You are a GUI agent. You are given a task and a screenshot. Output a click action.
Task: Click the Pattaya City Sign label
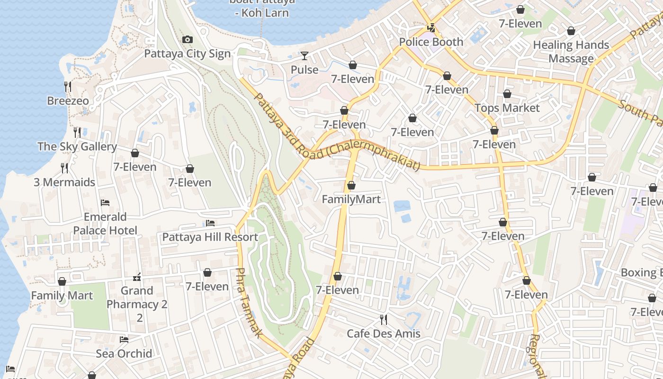point(187,54)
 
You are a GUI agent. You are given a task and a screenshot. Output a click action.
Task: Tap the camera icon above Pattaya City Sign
point(188,40)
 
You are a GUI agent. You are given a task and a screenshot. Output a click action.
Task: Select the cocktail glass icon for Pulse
point(304,56)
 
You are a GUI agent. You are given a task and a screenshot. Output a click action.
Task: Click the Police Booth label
point(431,42)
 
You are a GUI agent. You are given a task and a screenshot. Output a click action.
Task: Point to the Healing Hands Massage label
point(571,52)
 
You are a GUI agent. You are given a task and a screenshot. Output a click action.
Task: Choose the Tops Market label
point(507,108)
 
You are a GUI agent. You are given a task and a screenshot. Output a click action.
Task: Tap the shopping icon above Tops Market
point(507,94)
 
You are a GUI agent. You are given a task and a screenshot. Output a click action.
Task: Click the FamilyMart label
point(351,199)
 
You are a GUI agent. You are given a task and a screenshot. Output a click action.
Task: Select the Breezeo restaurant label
point(68,101)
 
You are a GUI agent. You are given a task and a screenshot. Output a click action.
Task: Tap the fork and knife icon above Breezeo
point(68,86)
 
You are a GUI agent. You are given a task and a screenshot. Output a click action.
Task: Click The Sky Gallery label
point(77,147)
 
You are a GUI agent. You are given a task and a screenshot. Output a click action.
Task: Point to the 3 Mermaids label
point(64,182)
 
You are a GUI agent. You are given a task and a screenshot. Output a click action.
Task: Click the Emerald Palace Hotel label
point(105,224)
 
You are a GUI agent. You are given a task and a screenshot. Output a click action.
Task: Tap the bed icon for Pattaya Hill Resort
point(210,223)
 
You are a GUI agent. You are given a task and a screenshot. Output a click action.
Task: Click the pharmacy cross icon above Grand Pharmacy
point(137,277)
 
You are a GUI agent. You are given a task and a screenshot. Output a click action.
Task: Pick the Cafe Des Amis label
point(384,334)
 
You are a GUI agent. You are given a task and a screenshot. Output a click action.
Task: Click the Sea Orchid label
point(124,353)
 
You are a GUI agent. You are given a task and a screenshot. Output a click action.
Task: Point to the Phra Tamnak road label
point(248,303)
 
